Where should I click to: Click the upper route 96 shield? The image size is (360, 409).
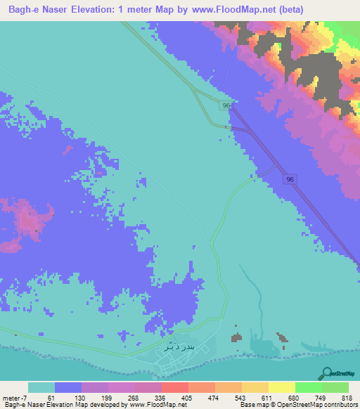tap(226, 105)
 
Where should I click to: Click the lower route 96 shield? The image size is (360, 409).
tap(290, 180)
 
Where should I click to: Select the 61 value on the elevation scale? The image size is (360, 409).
tap(51, 397)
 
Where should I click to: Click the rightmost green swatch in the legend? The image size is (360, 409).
tap(335, 387)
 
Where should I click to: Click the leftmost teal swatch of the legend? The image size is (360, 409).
tap(41, 387)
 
